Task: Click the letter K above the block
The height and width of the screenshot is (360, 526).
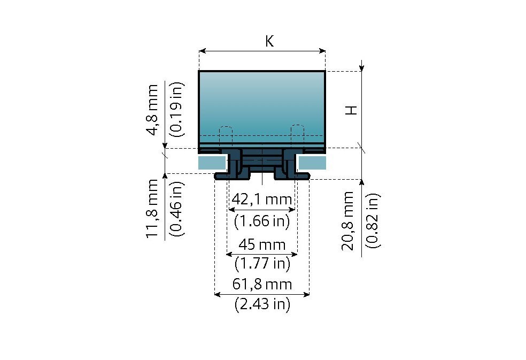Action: (x=270, y=41)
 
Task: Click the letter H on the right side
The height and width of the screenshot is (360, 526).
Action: (x=351, y=110)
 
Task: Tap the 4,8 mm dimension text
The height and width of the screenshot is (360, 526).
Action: (x=152, y=110)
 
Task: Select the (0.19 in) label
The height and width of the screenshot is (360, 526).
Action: (x=176, y=109)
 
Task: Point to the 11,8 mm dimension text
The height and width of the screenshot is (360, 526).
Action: (x=152, y=209)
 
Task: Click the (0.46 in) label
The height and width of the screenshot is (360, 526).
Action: (x=176, y=209)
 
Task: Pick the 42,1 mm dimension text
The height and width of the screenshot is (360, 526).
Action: (x=261, y=200)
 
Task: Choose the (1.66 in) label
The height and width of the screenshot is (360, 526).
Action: (x=261, y=221)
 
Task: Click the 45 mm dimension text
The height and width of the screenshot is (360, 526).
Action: (x=261, y=244)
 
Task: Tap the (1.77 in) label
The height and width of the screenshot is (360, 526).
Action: (x=262, y=263)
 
